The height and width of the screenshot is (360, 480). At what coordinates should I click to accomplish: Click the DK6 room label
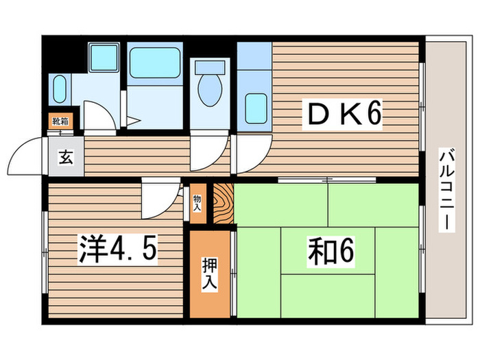coord(341,115)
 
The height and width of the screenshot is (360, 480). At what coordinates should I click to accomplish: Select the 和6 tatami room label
coord(330,252)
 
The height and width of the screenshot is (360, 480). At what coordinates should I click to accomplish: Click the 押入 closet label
coord(211,273)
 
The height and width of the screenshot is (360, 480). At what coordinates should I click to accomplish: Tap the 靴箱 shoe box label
coord(60,122)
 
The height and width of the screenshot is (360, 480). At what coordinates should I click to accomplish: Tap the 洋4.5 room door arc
coord(159,197)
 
